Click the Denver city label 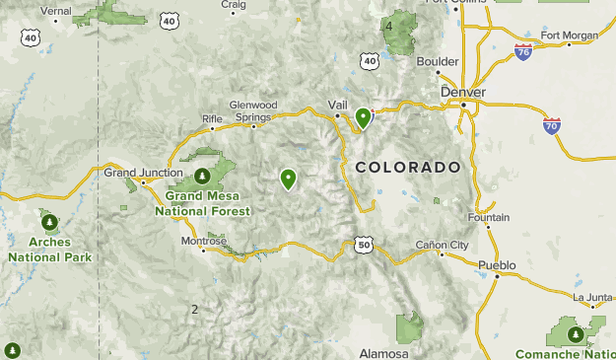coord(463,92)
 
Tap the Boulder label coord(438,61)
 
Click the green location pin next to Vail coord(364,118)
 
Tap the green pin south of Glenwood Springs coord(288,179)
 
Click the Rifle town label coord(212,118)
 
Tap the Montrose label coord(204,240)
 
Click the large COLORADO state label coord(407,167)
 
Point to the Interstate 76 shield coord(523,49)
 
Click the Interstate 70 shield coord(552,125)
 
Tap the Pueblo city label coord(497,265)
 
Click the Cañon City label coord(441,244)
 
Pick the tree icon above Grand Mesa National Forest coord(202,177)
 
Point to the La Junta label coord(591,295)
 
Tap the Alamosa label coord(383,353)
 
